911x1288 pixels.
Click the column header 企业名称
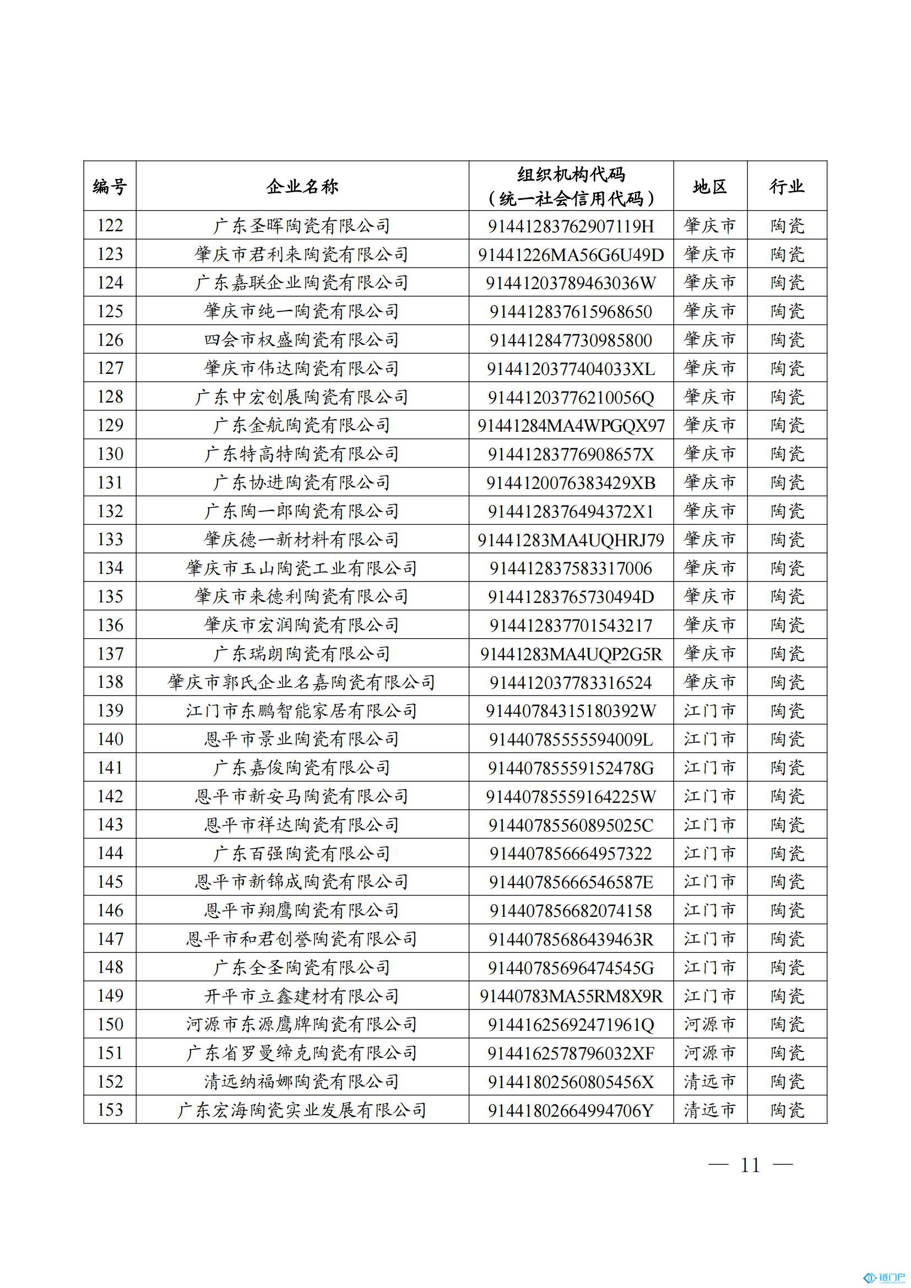click(x=302, y=186)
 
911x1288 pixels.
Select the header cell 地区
click(x=709, y=186)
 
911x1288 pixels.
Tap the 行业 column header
click(x=787, y=186)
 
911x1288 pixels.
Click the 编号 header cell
click(x=110, y=186)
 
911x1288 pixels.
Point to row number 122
click(x=110, y=226)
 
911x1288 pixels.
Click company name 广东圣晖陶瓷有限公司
click(x=302, y=226)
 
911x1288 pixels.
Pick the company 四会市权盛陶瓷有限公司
click(x=302, y=340)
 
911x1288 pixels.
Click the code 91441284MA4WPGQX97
click(x=571, y=426)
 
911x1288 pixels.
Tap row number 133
click(x=110, y=540)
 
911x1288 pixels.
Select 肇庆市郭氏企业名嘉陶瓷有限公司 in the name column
click(x=302, y=682)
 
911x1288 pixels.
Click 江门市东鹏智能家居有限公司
click(x=302, y=711)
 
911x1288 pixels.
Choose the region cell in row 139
click(x=709, y=711)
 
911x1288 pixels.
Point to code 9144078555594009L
click(x=571, y=740)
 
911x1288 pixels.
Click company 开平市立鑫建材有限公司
click(x=302, y=996)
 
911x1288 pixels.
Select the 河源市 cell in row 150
click(x=709, y=1024)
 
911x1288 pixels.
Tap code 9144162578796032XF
click(x=571, y=1053)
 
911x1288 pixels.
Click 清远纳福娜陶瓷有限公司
click(x=302, y=1082)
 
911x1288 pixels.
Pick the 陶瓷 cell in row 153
click(x=787, y=1110)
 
